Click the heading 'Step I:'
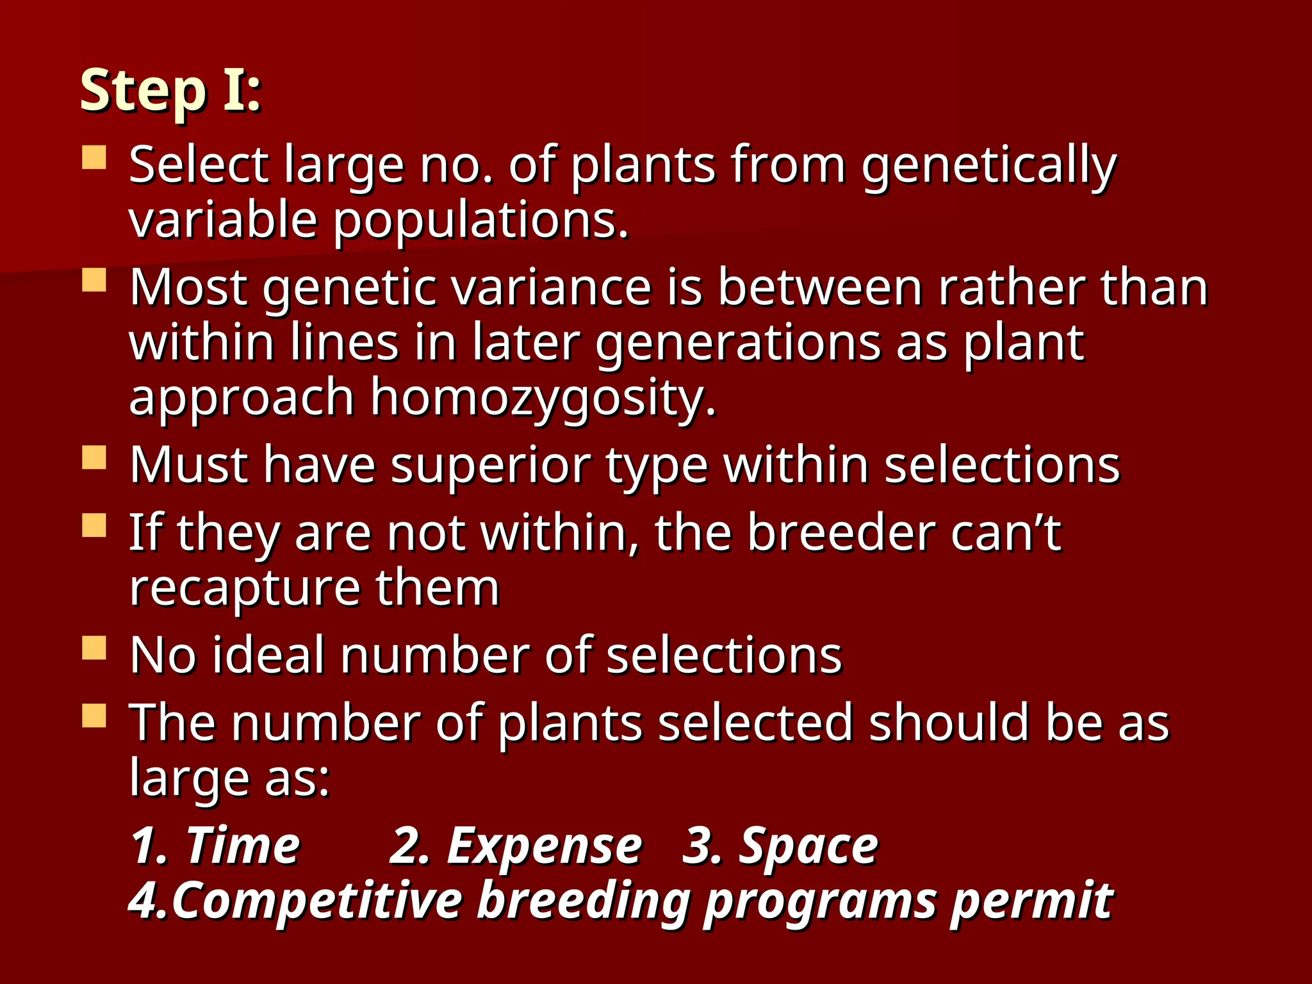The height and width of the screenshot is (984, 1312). point(170,91)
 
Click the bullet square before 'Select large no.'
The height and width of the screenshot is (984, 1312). point(94,157)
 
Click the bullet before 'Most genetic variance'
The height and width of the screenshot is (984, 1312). point(94,280)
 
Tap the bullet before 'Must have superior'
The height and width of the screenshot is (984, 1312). point(94,457)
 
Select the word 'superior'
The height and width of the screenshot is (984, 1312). point(491,466)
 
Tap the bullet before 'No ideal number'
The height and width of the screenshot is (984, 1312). point(94,648)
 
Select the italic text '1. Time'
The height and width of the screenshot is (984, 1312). point(215,846)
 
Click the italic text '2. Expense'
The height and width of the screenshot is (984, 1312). point(515,846)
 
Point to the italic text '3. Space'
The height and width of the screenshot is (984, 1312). point(780,846)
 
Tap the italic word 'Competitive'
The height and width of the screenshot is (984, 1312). point(316,901)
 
